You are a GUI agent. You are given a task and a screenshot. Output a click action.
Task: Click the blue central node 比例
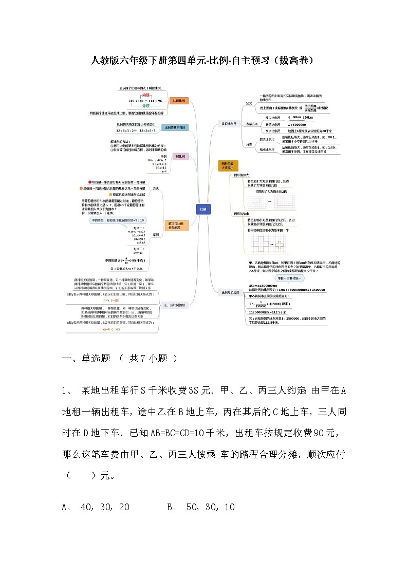click(203, 209)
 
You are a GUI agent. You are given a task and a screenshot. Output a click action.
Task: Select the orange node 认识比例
click(179, 101)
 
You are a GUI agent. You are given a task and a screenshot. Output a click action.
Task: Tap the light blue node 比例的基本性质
click(175, 127)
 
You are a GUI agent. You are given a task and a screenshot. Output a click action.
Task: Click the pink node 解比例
click(180, 156)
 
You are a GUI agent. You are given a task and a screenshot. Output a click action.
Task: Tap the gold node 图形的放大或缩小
click(227, 165)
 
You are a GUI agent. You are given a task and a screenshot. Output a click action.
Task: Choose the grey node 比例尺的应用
click(230, 292)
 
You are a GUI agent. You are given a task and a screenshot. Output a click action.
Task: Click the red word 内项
click(145, 95)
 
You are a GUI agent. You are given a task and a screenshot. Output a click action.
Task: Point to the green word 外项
click(145, 106)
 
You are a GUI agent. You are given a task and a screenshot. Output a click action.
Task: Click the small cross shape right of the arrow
click(280, 246)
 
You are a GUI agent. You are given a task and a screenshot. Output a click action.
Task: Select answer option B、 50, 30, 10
click(201, 507)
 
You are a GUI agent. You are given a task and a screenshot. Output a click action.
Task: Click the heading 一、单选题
click(86, 359)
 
